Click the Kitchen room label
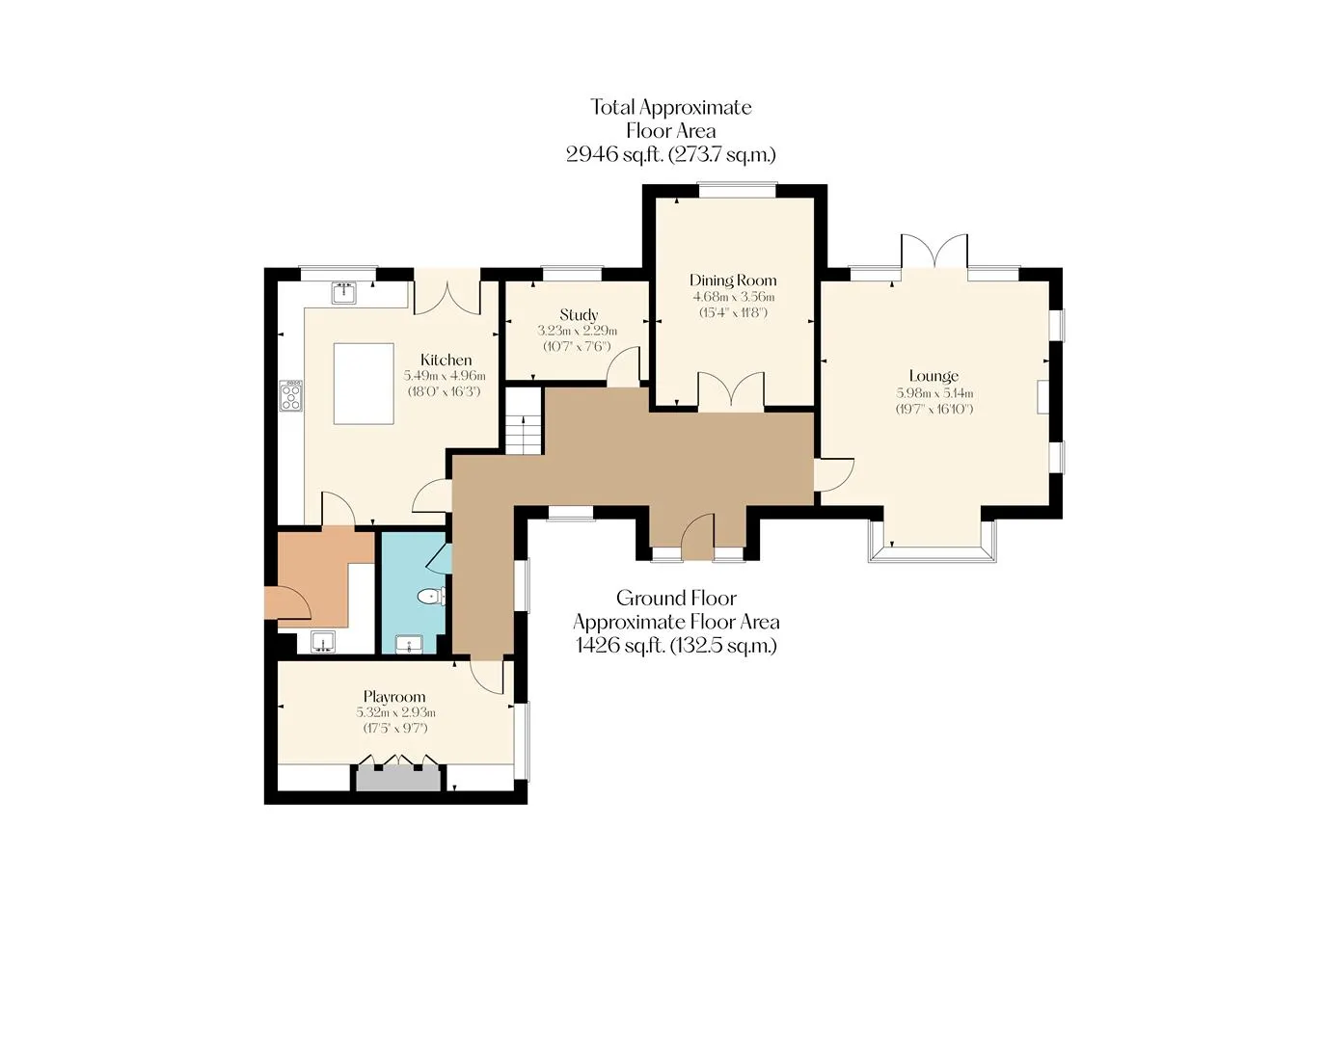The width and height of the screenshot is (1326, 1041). coord(446,360)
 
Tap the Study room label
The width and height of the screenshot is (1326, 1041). coord(579,314)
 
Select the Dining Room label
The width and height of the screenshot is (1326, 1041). coord(733,280)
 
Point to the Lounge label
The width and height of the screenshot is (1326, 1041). coord(934,376)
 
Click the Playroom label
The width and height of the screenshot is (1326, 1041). coord(394,697)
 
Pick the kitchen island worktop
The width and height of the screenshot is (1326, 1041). coord(364,383)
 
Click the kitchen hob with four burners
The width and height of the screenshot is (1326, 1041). coord(291,395)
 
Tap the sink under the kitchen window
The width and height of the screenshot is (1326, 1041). coord(345,293)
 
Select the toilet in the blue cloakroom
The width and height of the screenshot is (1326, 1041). coord(431,596)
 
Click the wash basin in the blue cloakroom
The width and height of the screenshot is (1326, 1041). coord(409,644)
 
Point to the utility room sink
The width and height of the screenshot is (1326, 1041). coord(323,642)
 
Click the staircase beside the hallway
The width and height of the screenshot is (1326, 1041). coord(524,420)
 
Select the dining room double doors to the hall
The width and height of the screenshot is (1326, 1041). coord(731,389)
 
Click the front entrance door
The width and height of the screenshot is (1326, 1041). coord(697,536)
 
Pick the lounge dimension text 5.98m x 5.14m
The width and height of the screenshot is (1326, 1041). coord(934,393)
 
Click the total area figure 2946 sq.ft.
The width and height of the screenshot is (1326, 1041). coord(614,155)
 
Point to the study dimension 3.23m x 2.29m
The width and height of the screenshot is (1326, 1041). coord(578,332)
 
